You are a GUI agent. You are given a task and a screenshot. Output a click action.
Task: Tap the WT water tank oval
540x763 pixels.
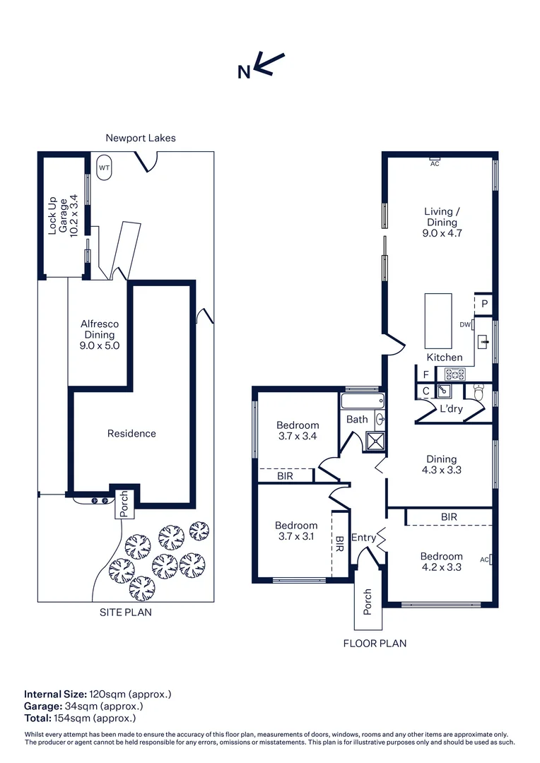click(104, 168)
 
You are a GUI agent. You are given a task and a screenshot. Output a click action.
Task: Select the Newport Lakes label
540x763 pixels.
click(141, 138)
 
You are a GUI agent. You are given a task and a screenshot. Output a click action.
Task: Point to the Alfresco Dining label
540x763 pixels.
click(100, 334)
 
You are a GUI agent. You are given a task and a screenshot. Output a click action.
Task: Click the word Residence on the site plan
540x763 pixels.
click(131, 433)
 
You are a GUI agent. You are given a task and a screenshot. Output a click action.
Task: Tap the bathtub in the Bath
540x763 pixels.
click(363, 401)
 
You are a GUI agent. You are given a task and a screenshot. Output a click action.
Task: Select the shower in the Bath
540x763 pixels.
click(375, 440)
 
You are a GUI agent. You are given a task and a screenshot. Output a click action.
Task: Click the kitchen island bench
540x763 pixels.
click(438, 320)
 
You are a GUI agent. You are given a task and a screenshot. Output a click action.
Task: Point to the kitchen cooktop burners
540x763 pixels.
click(454, 374)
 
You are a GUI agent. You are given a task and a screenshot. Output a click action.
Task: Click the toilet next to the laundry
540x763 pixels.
click(479, 392)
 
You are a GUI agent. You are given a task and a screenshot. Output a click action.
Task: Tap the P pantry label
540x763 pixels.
click(484, 304)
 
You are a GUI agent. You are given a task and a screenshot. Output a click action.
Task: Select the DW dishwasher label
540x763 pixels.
click(465, 324)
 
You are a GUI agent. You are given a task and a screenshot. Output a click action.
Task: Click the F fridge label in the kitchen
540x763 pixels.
click(426, 374)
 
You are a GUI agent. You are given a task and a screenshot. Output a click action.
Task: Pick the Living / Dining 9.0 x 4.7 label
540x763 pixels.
click(442, 222)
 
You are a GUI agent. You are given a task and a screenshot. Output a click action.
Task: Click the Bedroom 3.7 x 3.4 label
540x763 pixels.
click(298, 431)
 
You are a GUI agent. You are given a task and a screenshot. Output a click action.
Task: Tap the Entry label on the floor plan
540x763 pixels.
click(363, 537)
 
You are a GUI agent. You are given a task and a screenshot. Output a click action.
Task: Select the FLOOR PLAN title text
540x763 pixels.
click(375, 644)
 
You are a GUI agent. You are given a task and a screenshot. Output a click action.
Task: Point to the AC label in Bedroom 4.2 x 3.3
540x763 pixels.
click(484, 560)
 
